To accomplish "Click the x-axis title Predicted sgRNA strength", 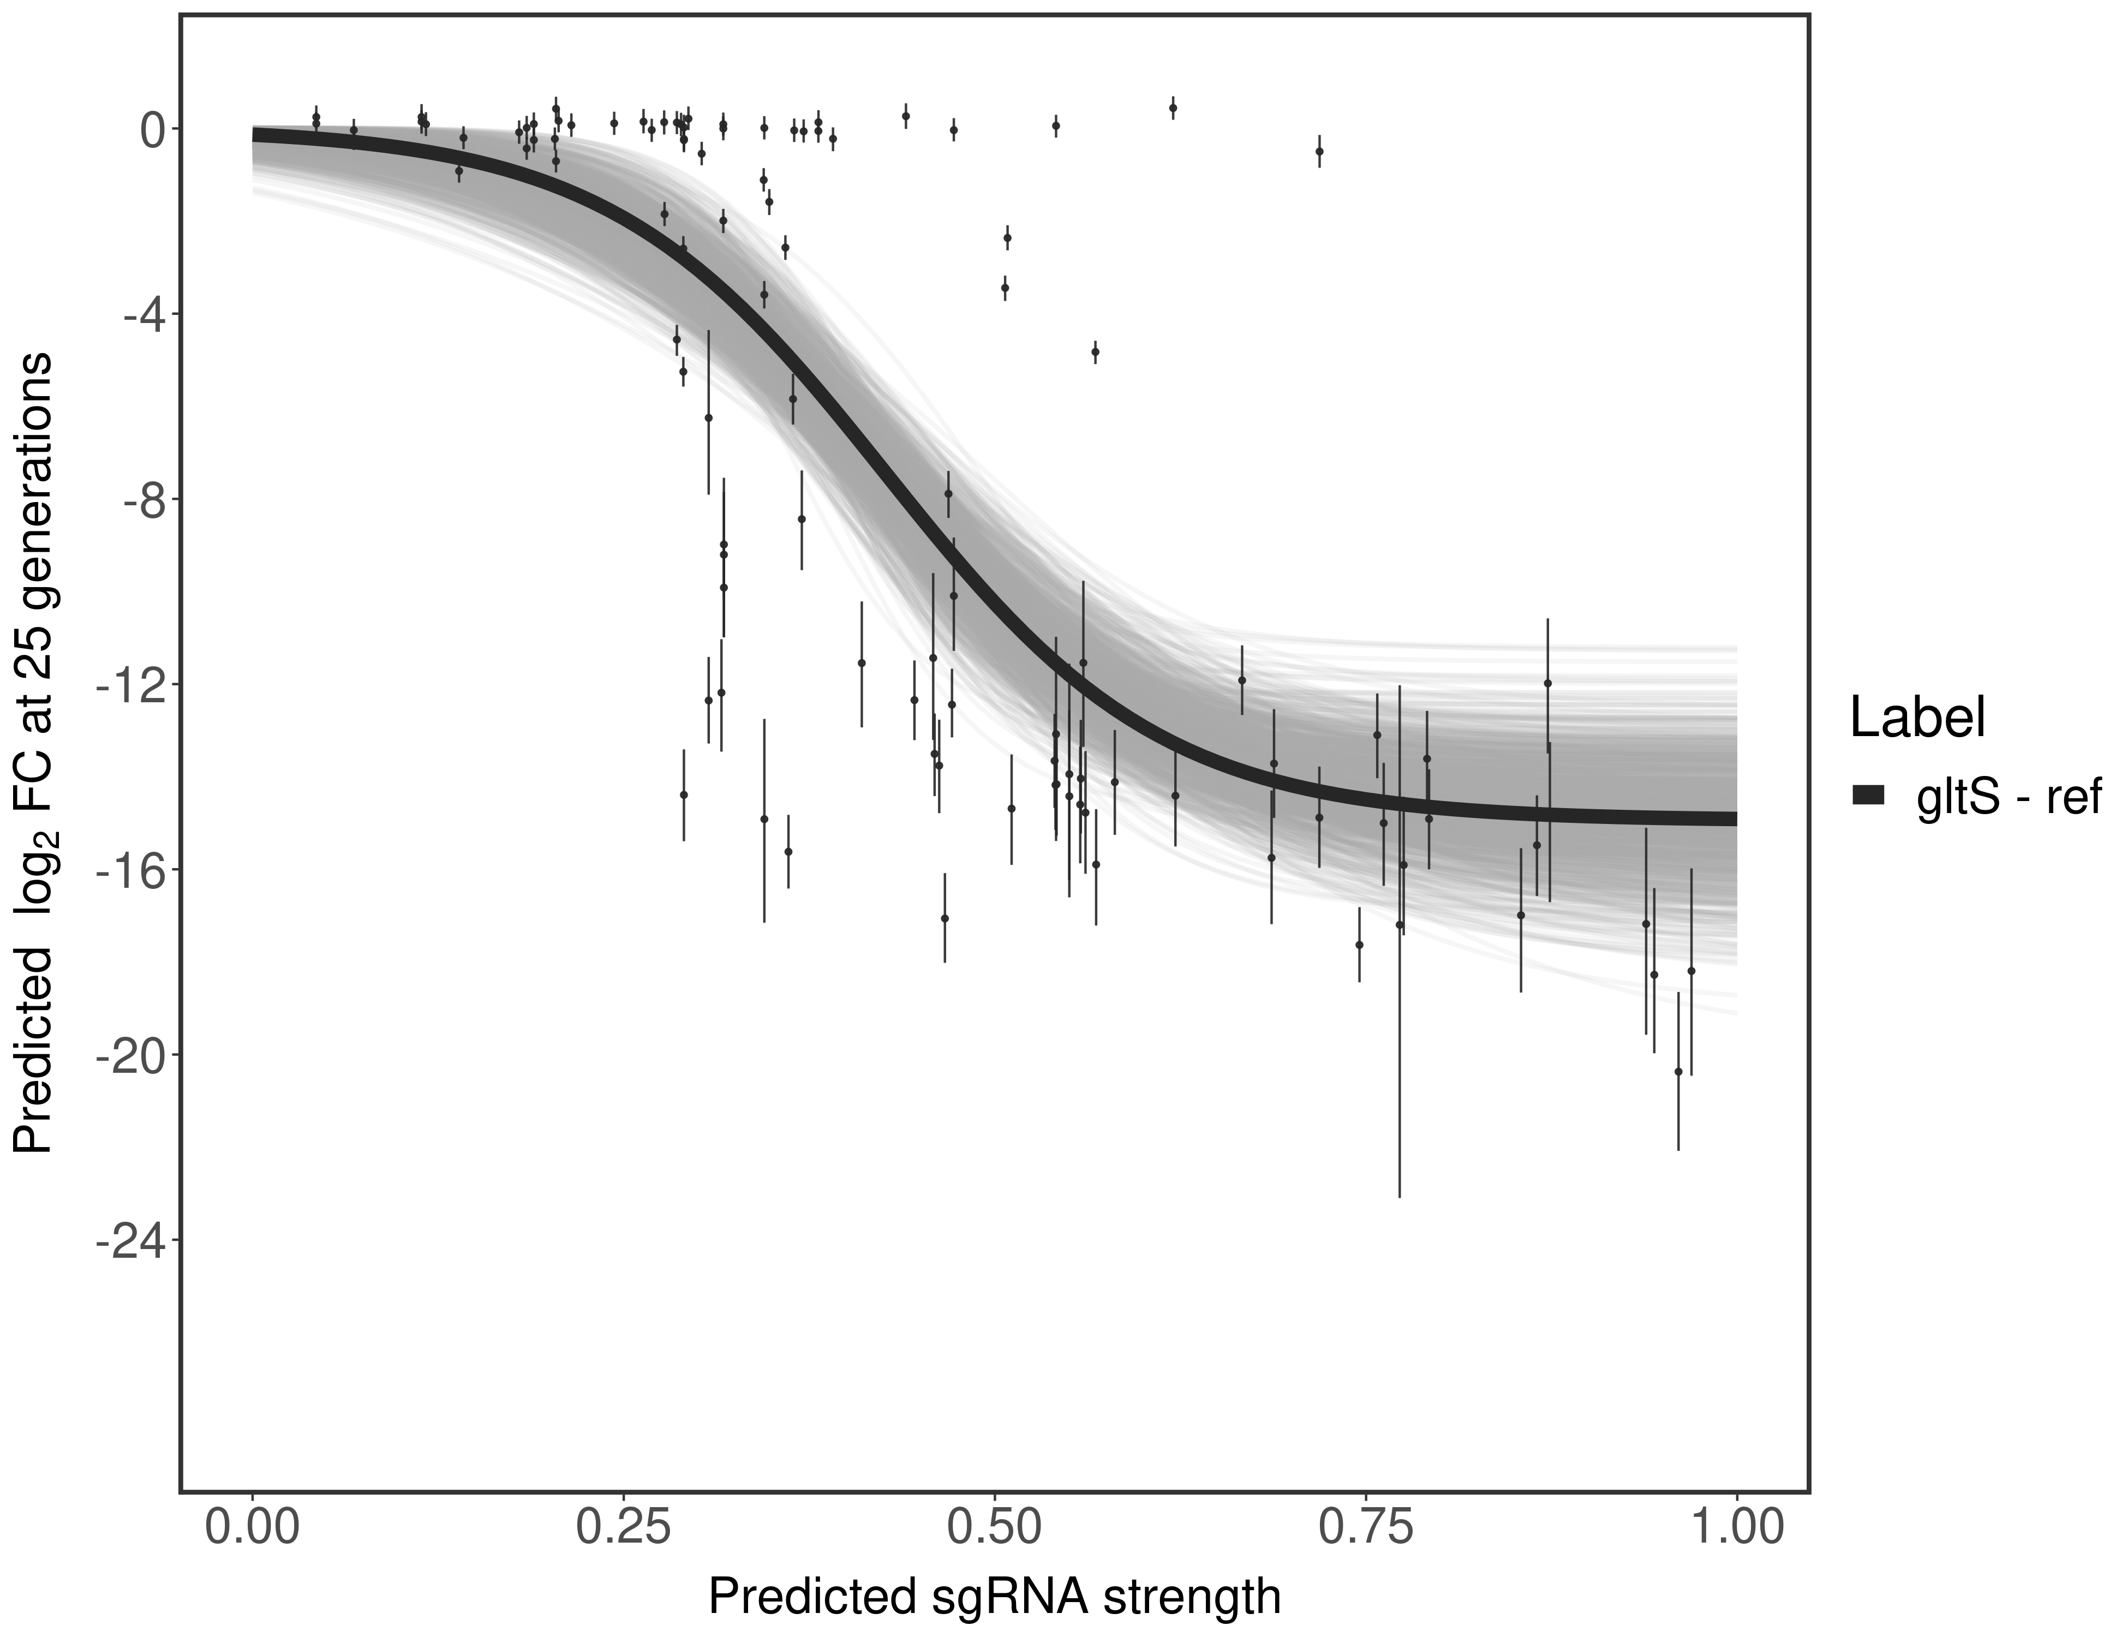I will (x=994, y=1598).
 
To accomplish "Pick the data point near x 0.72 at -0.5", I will (x=1319, y=151).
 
